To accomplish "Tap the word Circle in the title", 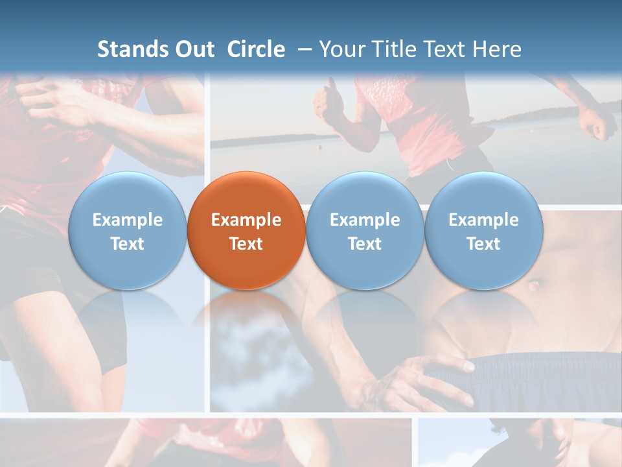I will click(256, 49).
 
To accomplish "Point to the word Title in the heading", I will click(394, 49).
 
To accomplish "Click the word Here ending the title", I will click(497, 49).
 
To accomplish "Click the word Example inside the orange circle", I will click(246, 220).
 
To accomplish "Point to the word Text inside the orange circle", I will click(246, 244).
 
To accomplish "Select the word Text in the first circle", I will click(127, 244).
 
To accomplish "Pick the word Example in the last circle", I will click(483, 220).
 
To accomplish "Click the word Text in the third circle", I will click(365, 244).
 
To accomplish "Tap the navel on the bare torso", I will click(536, 283).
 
